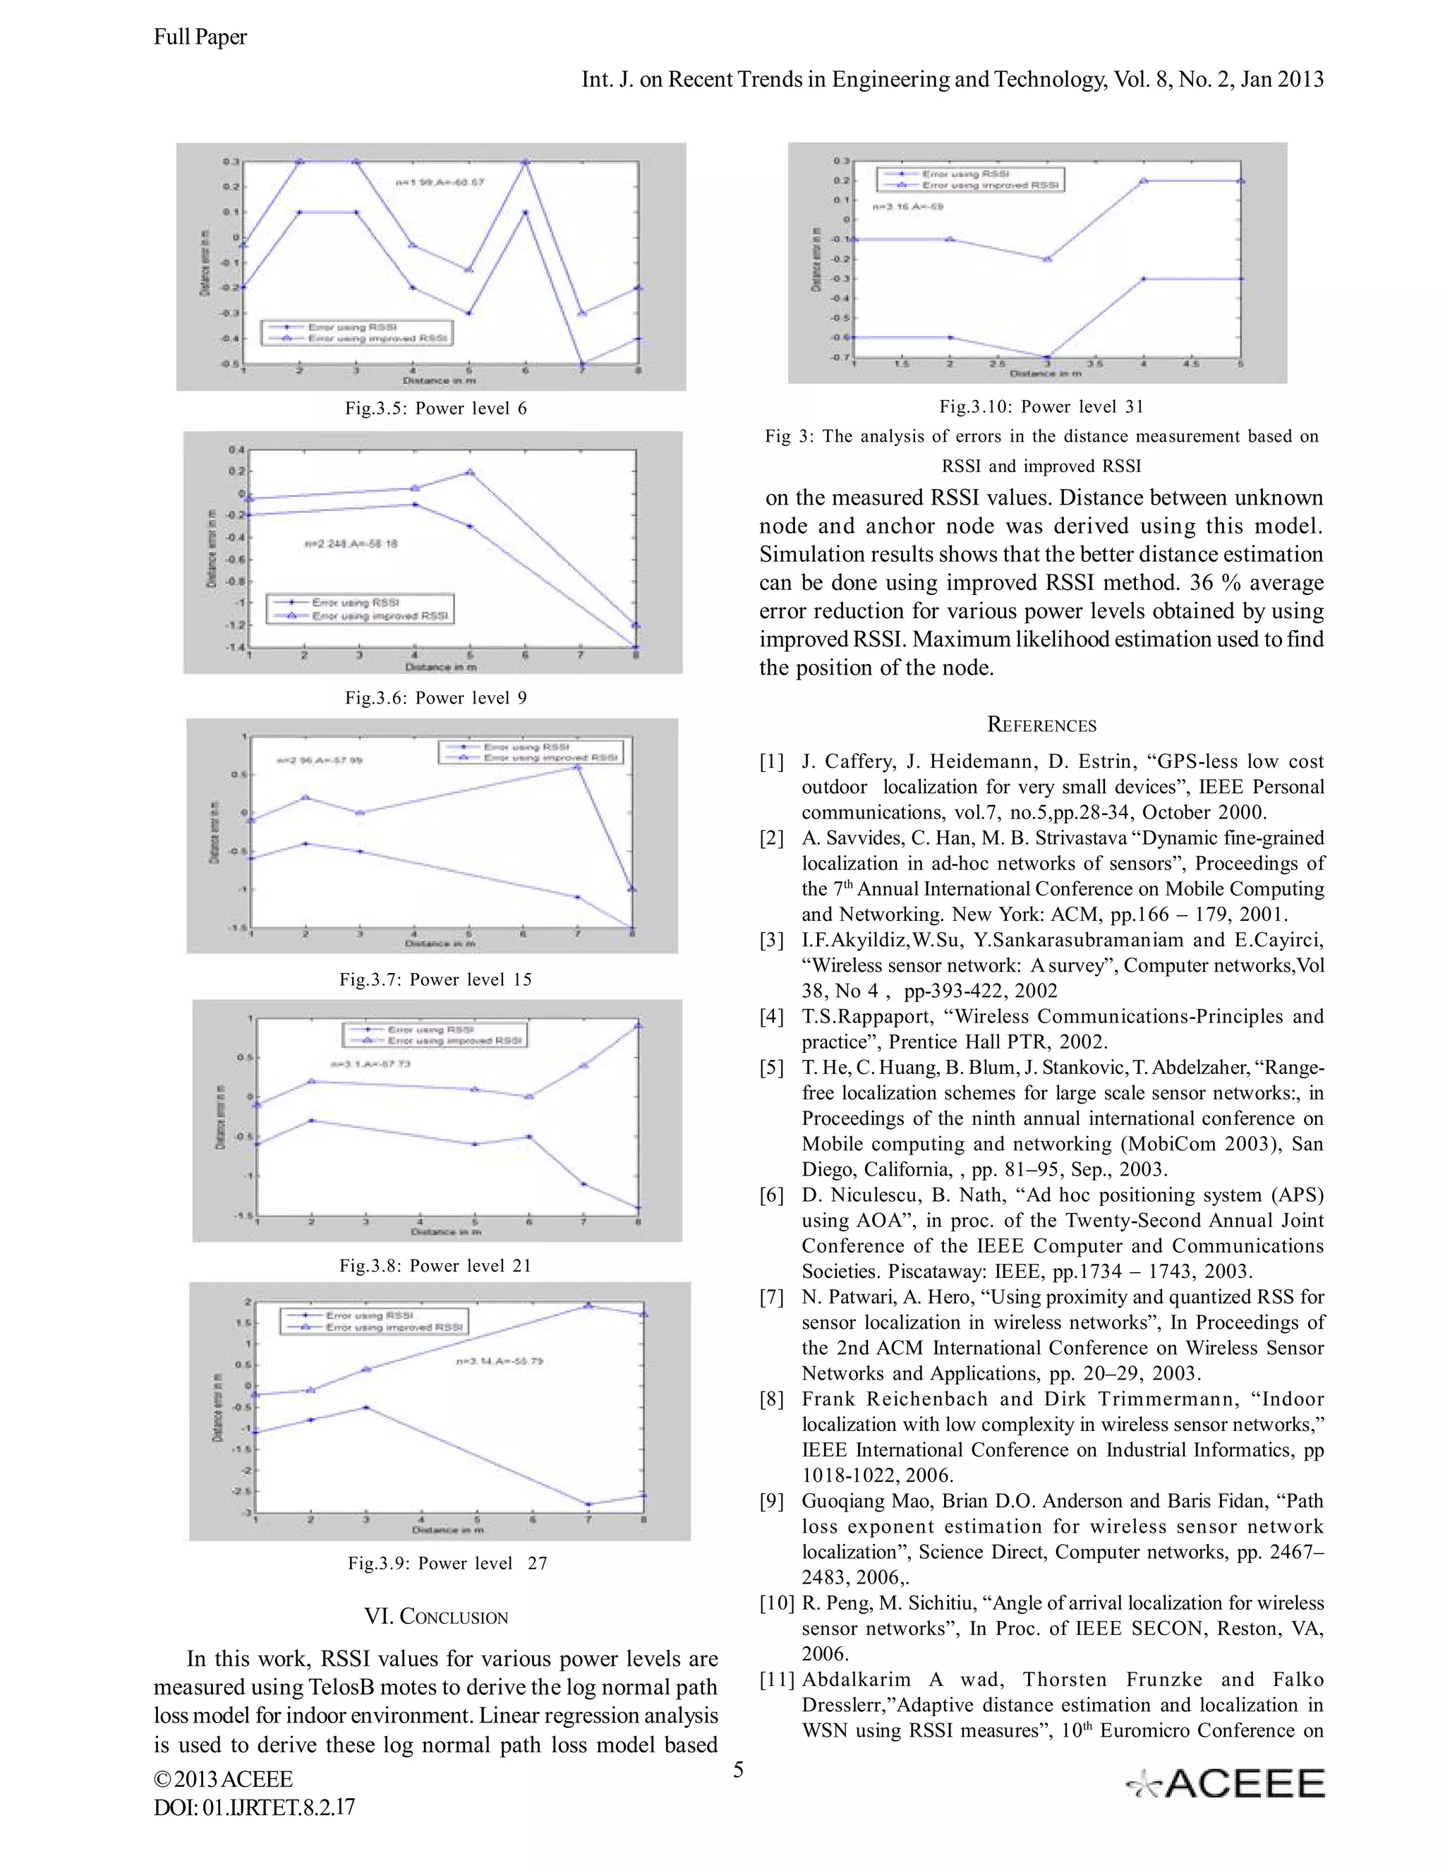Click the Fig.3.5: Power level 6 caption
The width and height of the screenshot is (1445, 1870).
(x=436, y=409)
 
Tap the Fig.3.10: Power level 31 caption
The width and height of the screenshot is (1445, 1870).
(x=1041, y=406)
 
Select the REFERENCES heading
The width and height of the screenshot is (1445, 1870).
(x=1041, y=725)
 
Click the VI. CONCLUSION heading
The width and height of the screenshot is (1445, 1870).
(x=436, y=1617)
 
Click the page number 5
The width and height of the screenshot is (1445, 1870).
(x=738, y=1770)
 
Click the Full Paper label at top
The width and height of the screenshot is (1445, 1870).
(x=200, y=37)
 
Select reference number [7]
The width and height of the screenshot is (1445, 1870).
(x=771, y=1297)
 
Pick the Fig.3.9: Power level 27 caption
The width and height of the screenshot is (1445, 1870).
(x=447, y=1562)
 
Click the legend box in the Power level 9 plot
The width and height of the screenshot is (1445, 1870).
(x=360, y=609)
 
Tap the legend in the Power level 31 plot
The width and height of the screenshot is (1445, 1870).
(x=971, y=179)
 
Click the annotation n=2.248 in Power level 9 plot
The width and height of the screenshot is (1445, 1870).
(x=351, y=543)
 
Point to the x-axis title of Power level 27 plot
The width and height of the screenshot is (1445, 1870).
(x=447, y=1529)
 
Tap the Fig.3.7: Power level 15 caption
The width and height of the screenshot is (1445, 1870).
(x=436, y=979)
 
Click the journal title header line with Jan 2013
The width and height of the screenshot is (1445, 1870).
(x=952, y=80)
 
